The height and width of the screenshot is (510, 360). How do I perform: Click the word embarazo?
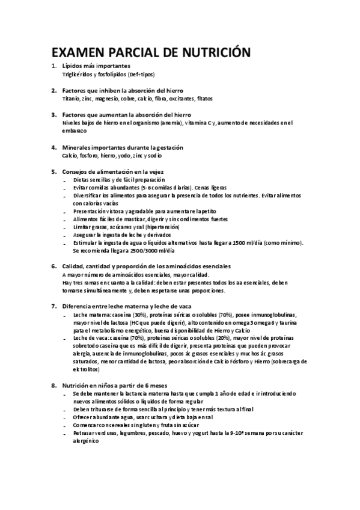[74, 131]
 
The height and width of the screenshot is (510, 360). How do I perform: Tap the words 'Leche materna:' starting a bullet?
[91, 315]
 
